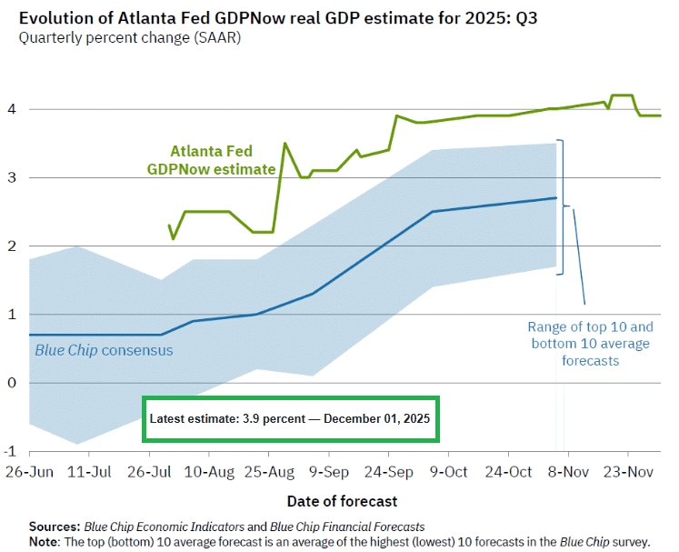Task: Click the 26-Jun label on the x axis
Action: (x=29, y=472)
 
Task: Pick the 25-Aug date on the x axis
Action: (x=269, y=472)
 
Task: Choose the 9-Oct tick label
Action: (x=448, y=472)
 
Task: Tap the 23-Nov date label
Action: (x=627, y=472)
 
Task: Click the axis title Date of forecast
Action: (x=342, y=501)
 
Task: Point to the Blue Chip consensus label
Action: (x=104, y=349)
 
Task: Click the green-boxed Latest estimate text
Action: (x=291, y=418)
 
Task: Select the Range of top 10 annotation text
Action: (x=590, y=343)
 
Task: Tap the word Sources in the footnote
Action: (x=54, y=527)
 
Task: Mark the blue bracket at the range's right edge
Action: (x=563, y=206)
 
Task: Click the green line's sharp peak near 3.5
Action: (x=285, y=144)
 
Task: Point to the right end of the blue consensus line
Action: (x=555, y=198)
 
